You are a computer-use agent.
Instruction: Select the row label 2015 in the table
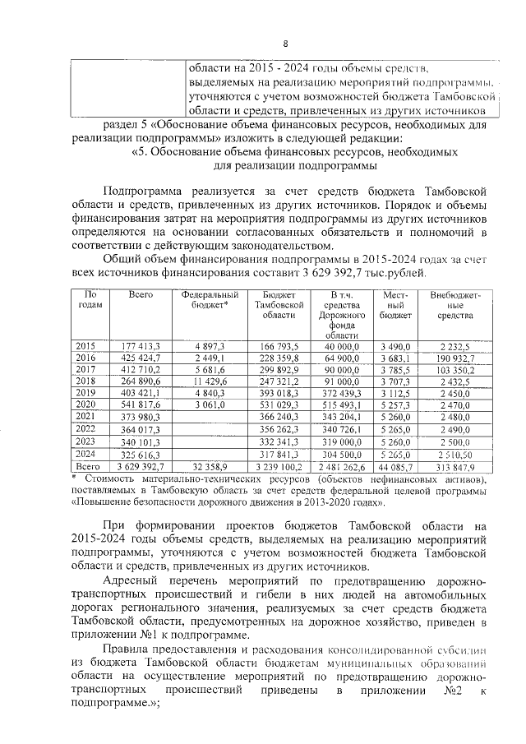coord(85,346)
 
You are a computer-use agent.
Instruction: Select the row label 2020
coord(85,405)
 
